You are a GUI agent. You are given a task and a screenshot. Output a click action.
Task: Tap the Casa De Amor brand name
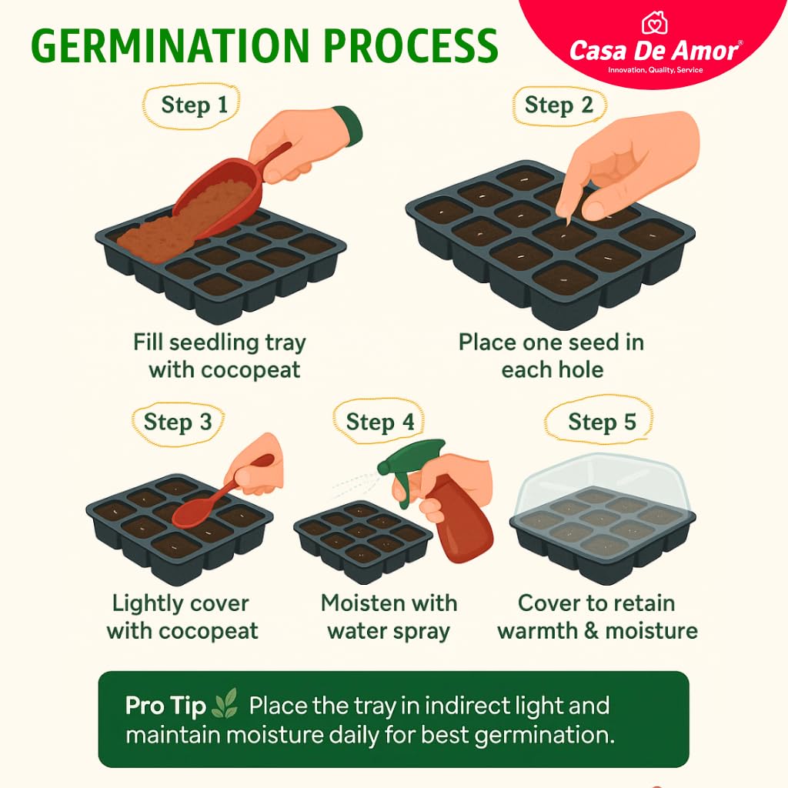pos(654,52)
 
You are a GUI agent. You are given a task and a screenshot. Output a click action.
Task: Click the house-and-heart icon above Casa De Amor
pos(654,23)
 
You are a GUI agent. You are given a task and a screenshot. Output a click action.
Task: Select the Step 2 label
pos(559,105)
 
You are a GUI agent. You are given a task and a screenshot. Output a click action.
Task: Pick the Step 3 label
pos(178,422)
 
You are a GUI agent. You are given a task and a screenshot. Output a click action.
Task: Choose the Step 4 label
pos(380,422)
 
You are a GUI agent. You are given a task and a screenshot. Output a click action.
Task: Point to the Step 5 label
pos(602,422)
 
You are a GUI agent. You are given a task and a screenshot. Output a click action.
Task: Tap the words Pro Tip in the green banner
pos(165,706)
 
